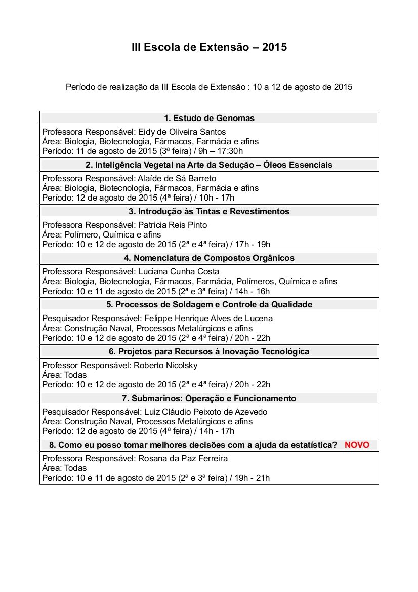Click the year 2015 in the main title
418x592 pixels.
click(x=274, y=47)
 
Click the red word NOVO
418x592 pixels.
click(x=357, y=445)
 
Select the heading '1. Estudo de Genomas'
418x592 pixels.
click(x=209, y=118)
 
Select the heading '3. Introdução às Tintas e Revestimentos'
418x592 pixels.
click(x=209, y=211)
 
